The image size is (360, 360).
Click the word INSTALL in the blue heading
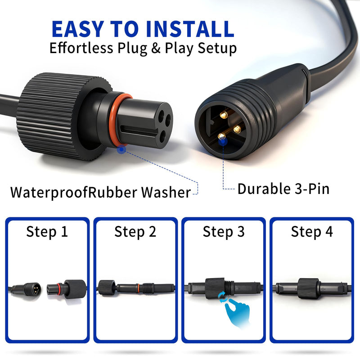pos(189,29)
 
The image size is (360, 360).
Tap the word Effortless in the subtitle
pos(81,48)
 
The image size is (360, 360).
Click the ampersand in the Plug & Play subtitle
pos(156,48)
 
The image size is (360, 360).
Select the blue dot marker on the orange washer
pos(121,149)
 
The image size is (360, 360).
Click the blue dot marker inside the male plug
pos(223,142)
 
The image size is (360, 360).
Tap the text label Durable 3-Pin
pos(283,189)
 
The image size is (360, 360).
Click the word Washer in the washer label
pos(166,193)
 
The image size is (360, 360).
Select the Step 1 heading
pos(47,231)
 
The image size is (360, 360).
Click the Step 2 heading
pos(135,231)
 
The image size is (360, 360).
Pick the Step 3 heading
pos(224,231)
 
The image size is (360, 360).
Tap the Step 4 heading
pos(312,231)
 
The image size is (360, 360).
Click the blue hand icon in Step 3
pos(237,313)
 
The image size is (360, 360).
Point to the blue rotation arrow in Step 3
pos(222,297)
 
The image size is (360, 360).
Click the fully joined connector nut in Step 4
pos(309,288)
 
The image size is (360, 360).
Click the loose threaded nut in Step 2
pos(107,288)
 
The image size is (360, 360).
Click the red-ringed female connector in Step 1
pos(67,289)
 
